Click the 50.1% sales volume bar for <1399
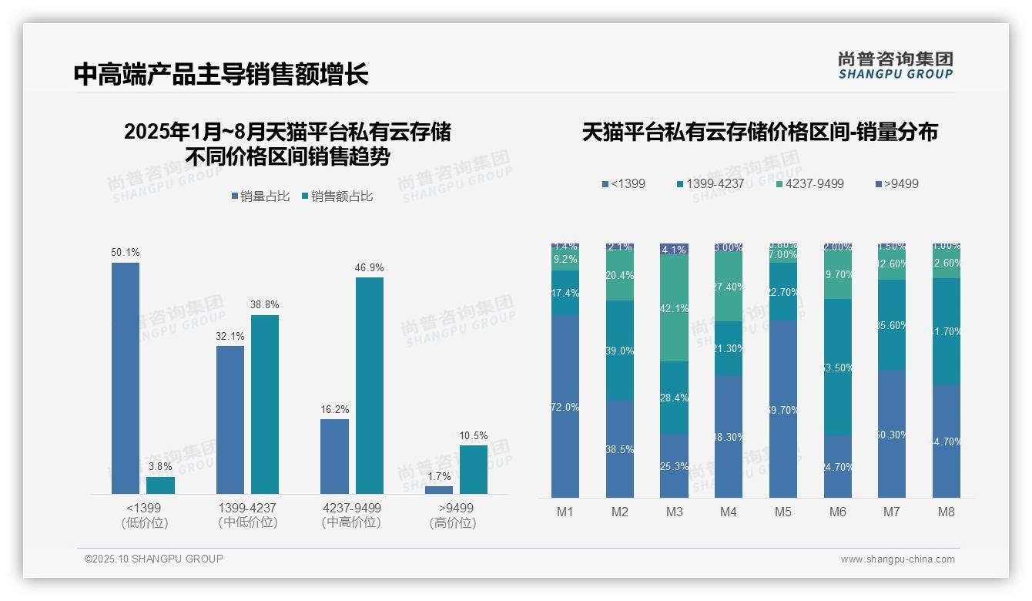pyautogui.click(x=126, y=378)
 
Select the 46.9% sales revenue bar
pyautogui.click(x=369, y=385)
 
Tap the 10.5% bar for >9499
pyautogui.click(x=473, y=469)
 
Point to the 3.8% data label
pyautogui.click(x=160, y=466)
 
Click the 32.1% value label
pyautogui.click(x=230, y=336)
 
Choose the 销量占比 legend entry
pyautogui.click(x=260, y=196)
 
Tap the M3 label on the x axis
pyautogui.click(x=674, y=512)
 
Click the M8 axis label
pyautogui.click(x=947, y=512)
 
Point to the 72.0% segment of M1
pyautogui.click(x=565, y=406)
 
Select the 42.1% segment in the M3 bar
pyautogui.click(x=674, y=308)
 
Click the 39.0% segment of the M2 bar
pyautogui.click(x=620, y=351)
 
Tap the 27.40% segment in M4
pyautogui.click(x=729, y=287)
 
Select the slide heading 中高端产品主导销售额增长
pyautogui.click(x=221, y=74)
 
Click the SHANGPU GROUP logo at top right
pyautogui.click(x=895, y=65)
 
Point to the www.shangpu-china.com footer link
pyautogui.click(x=897, y=559)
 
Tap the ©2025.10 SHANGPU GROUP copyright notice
pyautogui.click(x=154, y=559)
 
